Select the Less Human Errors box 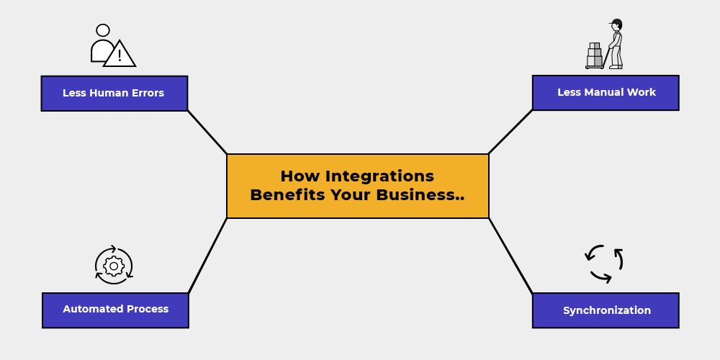tap(114, 93)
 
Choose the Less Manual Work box tap(606, 93)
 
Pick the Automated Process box tap(115, 310)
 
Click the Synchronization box tap(606, 310)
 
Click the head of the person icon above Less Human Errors tap(103, 30)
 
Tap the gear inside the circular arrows tap(114, 266)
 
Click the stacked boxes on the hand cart tap(595, 55)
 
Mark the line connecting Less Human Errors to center tap(207, 132)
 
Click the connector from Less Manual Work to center tap(510, 132)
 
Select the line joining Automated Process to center tap(207, 256)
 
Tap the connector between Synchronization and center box tap(510, 256)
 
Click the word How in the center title tap(300, 176)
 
